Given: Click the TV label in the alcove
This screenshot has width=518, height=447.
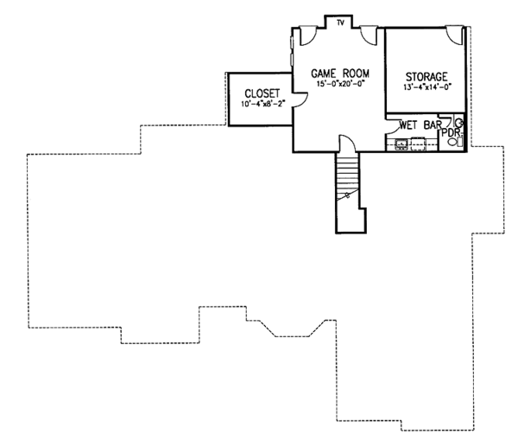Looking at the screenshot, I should [341, 22].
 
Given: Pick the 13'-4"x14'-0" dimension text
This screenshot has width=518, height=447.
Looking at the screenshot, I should [425, 87].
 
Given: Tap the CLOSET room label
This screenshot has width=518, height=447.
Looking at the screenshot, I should [262, 93].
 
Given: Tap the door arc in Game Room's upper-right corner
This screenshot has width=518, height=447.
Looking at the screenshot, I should [369, 35].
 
